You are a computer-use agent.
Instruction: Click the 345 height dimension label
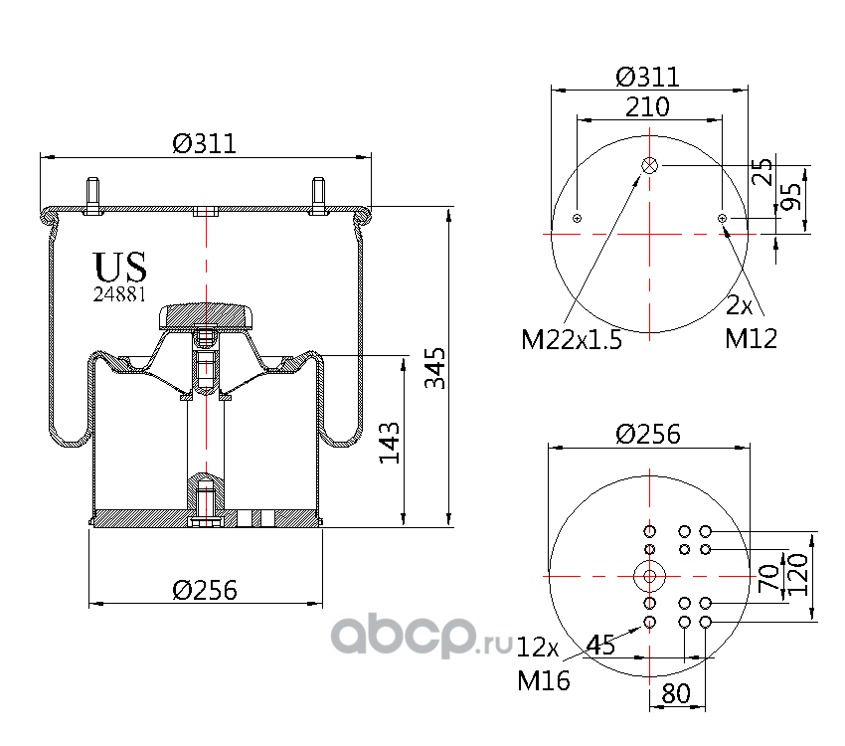tap(435, 368)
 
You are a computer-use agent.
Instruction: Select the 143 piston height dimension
tap(390, 443)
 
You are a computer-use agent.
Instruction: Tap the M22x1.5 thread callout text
tap(572, 339)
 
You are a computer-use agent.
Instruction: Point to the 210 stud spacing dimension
tap(647, 106)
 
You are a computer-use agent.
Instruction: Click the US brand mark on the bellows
tap(119, 267)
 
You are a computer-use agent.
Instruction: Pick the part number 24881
tap(119, 294)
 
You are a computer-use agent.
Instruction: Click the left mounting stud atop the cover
tap(93, 196)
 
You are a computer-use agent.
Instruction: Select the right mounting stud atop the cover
tap(318, 196)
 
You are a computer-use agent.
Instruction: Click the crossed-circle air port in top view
tap(649, 165)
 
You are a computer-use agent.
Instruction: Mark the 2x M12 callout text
tap(751, 323)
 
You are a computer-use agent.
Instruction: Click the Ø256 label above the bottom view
tap(648, 434)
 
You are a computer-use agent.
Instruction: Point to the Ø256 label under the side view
tap(205, 590)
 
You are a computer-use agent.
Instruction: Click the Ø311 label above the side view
tap(204, 144)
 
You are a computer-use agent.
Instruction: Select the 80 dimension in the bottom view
tap(676, 693)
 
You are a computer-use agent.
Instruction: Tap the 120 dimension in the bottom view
tap(798, 575)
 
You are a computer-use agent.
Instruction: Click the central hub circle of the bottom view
tap(649, 576)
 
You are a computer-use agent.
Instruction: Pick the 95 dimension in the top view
tap(790, 196)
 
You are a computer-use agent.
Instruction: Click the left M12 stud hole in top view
tap(577, 218)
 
